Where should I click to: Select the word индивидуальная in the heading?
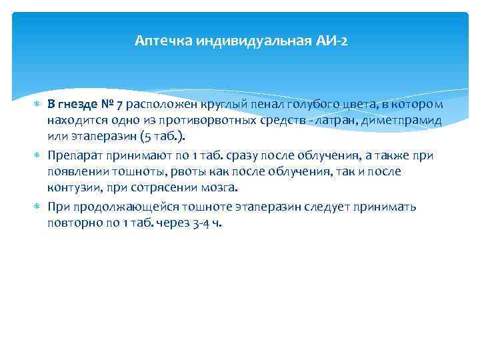(x=243, y=41)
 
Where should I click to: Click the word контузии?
(x=73, y=187)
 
